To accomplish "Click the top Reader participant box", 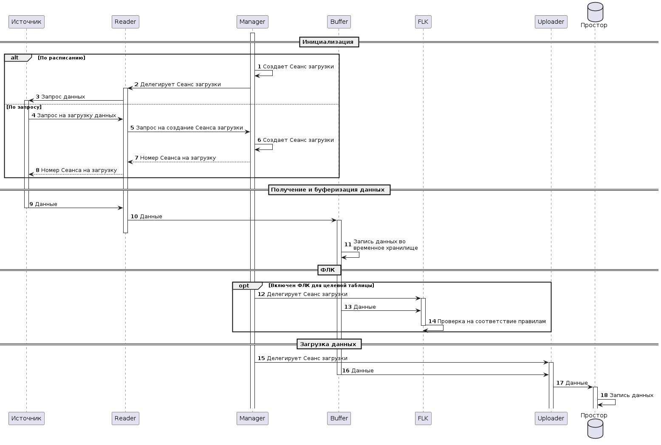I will tap(125, 22).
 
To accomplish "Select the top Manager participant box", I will tap(252, 22).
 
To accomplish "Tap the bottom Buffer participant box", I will tap(339, 418).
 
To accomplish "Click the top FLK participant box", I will tap(423, 22).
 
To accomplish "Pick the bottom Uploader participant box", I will tap(551, 418).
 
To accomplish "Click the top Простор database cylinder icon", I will tap(595, 12).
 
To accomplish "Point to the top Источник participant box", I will tap(26, 22).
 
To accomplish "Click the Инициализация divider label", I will tap(329, 42).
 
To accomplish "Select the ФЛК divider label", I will tap(329, 270).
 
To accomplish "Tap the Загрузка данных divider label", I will tap(329, 344).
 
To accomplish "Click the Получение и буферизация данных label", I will tap(329, 190).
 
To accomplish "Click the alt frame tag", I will tap(15, 58).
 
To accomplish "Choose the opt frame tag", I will tap(244, 286).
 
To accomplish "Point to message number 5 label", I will tap(132, 128).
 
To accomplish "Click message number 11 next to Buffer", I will tap(347, 245).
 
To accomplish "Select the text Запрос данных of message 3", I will tap(63, 97).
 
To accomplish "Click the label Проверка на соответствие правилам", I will tap(492, 321).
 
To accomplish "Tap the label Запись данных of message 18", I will tap(631, 395).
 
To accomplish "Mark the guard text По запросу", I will tap(24, 107).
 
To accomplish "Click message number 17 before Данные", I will tap(559, 383).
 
